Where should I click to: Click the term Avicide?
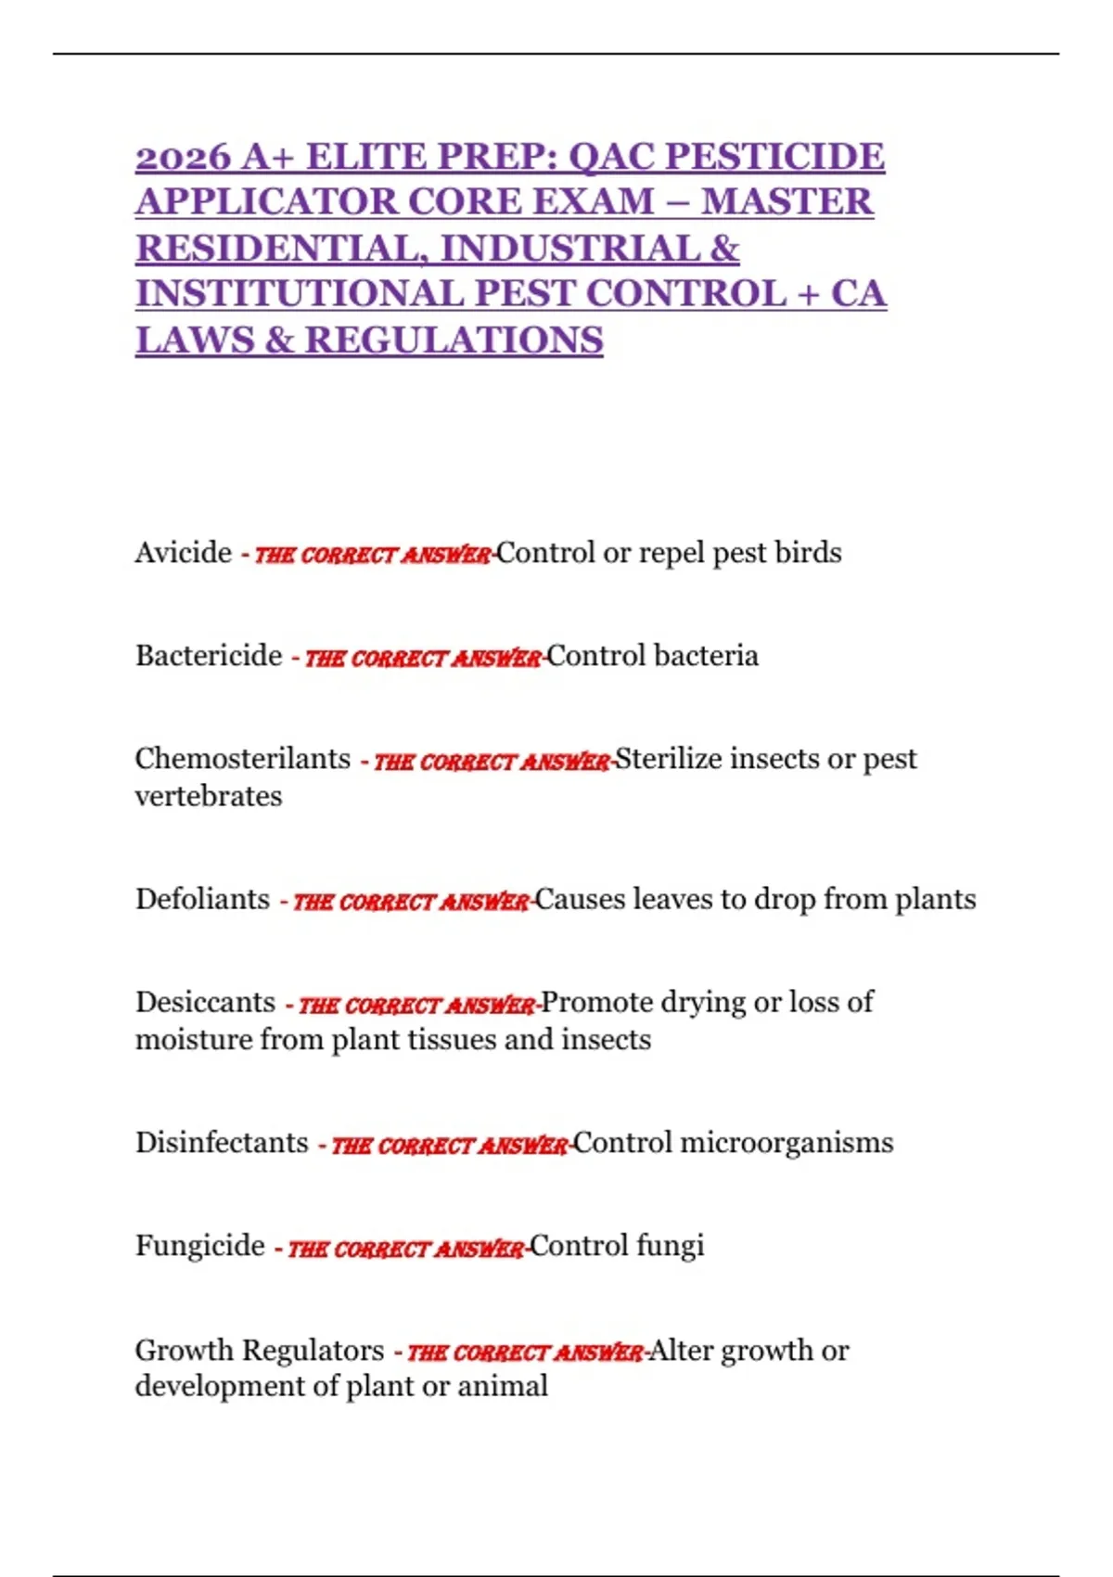tap(183, 553)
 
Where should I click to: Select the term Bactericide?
tap(209, 656)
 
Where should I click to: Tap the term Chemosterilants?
tap(242, 759)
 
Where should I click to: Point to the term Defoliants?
tap(202, 899)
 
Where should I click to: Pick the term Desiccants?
tap(205, 1002)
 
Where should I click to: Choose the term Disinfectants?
tap(222, 1142)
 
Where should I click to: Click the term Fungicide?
tap(199, 1245)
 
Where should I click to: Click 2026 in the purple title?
tap(183, 157)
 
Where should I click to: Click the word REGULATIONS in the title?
tap(454, 340)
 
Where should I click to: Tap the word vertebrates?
tap(209, 796)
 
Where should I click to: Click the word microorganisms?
tap(787, 1142)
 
